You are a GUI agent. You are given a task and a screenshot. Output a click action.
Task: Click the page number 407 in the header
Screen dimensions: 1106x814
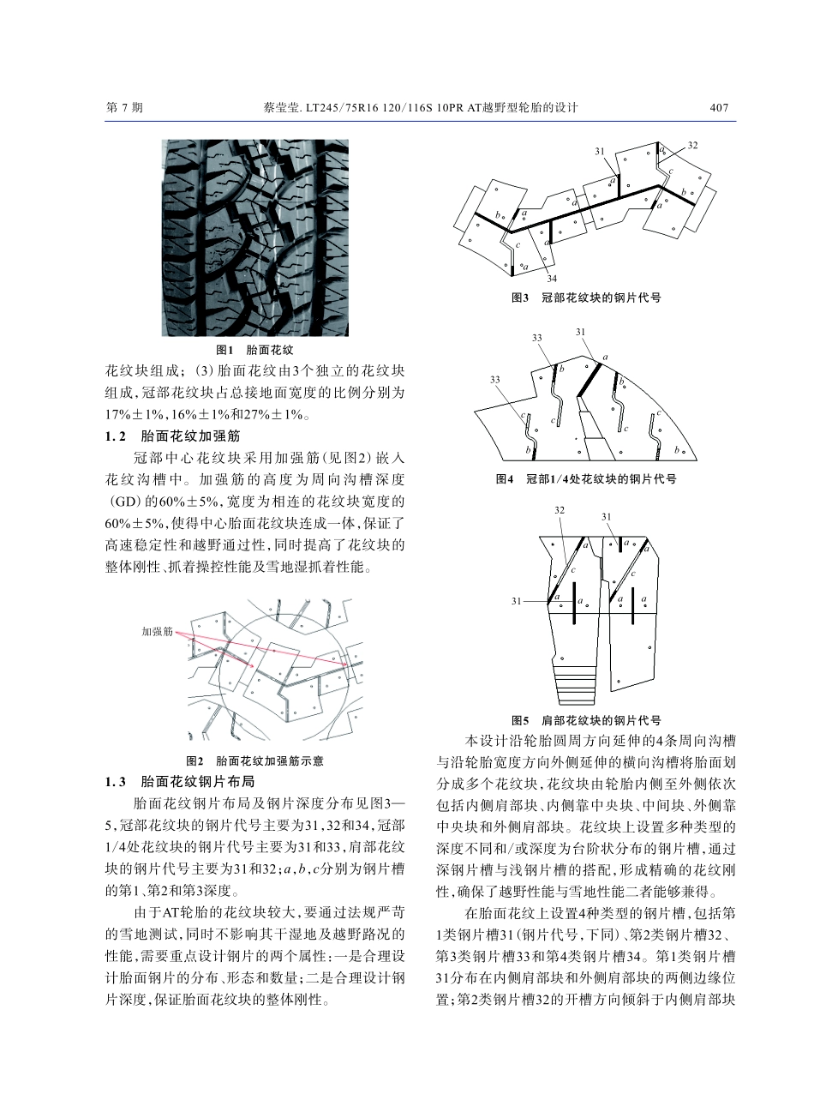click(719, 108)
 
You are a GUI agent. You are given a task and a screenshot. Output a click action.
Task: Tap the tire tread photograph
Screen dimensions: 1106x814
click(256, 237)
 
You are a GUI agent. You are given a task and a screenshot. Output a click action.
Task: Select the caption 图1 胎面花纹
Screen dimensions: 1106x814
click(255, 351)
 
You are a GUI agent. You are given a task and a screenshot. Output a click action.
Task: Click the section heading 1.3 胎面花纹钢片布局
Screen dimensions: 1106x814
click(179, 782)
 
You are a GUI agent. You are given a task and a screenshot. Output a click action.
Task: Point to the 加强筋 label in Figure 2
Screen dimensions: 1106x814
click(157, 631)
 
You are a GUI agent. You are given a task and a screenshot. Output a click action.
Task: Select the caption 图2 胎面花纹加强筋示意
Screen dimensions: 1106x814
click(255, 760)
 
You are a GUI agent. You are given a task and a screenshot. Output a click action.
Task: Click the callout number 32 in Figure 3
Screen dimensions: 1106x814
click(692, 145)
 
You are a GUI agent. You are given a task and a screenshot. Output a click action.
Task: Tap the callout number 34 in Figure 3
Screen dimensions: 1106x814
click(552, 279)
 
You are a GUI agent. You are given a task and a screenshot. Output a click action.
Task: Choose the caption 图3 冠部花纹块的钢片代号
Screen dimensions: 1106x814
click(586, 298)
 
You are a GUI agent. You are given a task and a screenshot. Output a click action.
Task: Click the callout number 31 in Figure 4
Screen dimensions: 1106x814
click(581, 332)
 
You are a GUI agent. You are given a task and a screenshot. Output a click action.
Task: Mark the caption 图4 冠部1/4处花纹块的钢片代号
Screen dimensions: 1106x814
click(586, 478)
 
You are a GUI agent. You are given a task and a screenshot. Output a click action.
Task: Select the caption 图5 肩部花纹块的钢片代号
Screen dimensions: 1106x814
click(586, 720)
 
